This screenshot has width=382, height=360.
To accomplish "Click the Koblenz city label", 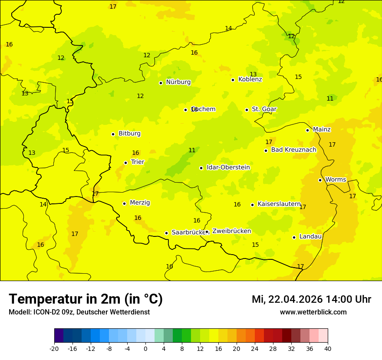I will [x=250, y=79].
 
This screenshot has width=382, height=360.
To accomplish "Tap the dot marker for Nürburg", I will [x=161, y=83].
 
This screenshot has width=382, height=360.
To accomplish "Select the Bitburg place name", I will [x=129, y=134].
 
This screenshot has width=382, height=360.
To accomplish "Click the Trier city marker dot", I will [x=125, y=163].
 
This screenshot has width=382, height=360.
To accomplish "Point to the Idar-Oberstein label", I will [x=228, y=167].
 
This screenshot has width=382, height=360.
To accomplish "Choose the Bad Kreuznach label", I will [x=293, y=150].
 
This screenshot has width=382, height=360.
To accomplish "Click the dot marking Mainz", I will [x=307, y=130].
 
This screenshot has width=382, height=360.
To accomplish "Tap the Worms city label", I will [x=336, y=180].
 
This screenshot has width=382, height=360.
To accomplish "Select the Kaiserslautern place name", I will [x=279, y=204].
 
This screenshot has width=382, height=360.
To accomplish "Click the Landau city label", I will [x=310, y=236].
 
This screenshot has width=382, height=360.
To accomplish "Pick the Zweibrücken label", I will [x=231, y=231].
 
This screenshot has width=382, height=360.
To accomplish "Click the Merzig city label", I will [x=140, y=203].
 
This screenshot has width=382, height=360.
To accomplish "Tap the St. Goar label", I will [x=264, y=109].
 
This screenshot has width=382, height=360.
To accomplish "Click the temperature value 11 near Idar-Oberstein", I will [x=192, y=151].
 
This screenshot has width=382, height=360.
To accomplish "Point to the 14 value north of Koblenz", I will [x=228, y=29].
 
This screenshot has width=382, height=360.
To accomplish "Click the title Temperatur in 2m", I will [x=86, y=299].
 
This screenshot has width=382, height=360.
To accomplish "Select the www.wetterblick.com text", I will [x=313, y=312].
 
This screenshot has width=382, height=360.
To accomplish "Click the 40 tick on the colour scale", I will [x=328, y=348].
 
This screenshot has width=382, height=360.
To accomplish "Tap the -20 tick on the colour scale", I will [x=54, y=348].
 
